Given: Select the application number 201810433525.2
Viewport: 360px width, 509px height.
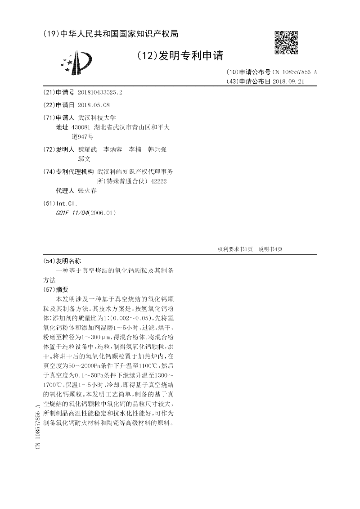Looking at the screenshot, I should pos(100,92).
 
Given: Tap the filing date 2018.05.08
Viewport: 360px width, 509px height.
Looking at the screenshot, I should pos(94,105).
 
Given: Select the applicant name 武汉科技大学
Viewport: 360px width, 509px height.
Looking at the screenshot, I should pos(97,117).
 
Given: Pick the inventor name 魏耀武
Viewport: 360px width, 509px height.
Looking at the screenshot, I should pos(87,149).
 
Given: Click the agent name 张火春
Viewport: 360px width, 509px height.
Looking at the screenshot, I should pos(87,190).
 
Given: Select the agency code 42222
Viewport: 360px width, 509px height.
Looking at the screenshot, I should pos(158,181).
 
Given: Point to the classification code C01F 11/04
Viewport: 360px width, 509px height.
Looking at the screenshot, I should pos(72,212).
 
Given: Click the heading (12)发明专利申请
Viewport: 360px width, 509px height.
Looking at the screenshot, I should pos(180,56).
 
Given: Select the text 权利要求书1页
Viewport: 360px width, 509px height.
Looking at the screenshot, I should pos(235,249).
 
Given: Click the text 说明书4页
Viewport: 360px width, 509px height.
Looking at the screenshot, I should pos(270,249).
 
